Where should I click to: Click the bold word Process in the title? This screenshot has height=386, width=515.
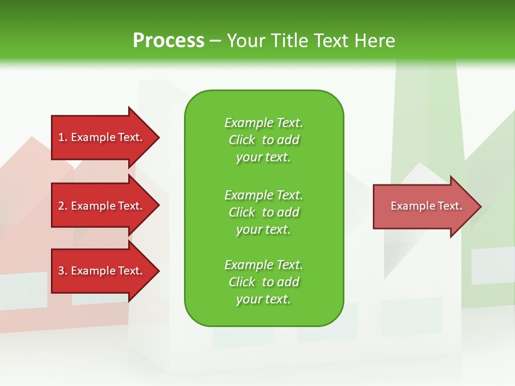168,41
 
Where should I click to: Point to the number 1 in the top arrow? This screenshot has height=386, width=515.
61,137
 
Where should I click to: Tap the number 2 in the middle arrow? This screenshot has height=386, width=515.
61,206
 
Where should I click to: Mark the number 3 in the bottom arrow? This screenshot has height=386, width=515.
61,271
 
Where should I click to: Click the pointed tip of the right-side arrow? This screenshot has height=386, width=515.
479,206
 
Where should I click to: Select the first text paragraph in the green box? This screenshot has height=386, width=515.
263,140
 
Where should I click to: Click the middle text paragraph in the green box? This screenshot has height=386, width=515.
263,212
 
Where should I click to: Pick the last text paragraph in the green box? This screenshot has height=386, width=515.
263,282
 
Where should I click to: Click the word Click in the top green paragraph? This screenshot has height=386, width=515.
242,140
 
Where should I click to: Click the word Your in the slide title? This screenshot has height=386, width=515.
247,41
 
